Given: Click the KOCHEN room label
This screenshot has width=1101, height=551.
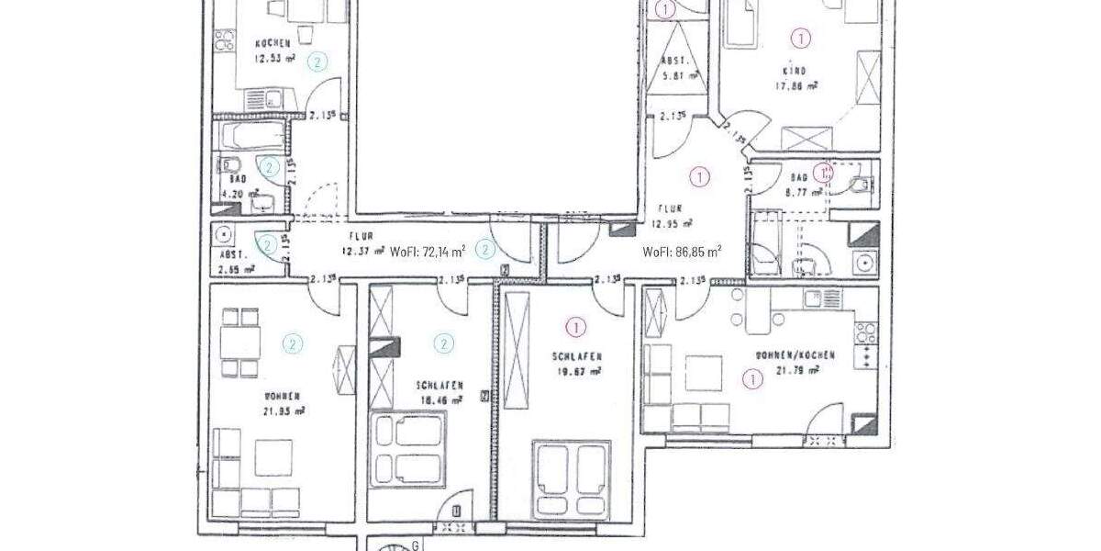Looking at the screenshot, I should click(273, 43).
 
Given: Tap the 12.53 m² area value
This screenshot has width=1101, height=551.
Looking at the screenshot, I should click(274, 58).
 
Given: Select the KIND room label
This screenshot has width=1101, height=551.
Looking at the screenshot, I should click(794, 71).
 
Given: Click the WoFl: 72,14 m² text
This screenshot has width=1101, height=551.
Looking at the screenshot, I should click(428, 250).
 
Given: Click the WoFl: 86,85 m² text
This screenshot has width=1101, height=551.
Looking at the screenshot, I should click(682, 251).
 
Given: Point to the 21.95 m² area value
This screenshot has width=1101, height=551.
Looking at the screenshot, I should click(284, 411).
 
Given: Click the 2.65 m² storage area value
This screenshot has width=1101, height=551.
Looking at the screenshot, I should click(235, 270).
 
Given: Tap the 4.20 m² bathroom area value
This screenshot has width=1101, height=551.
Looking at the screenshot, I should click(233, 195).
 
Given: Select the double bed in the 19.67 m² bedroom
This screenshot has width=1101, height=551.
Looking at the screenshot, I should click(572, 476).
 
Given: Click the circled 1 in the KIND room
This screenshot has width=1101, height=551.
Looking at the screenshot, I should click(801, 38).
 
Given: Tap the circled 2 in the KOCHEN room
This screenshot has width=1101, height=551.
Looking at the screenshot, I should click(317, 62).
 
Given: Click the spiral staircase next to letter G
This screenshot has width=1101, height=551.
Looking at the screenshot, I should click(395, 545).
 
